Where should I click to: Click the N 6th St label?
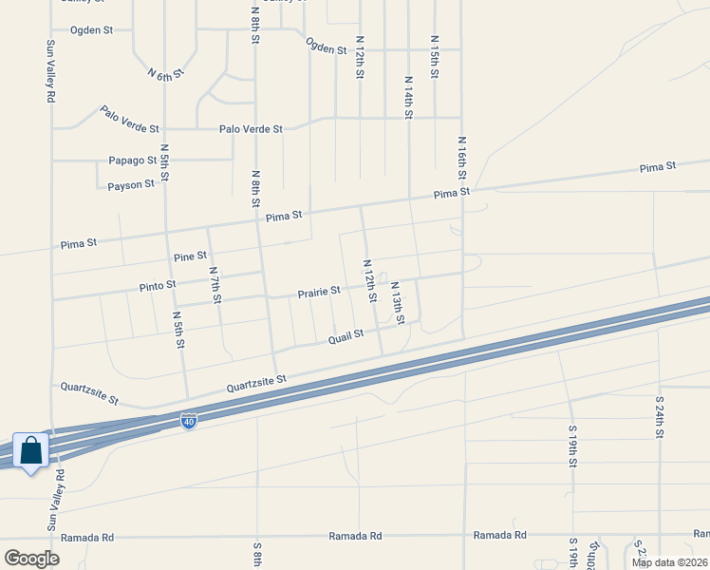[165, 72]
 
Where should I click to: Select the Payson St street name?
[131, 184]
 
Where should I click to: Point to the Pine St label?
[190, 256]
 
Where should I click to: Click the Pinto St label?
[158, 284]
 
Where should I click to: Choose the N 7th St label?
[215, 285]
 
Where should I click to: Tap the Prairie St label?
[319, 293]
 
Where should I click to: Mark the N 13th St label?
[397, 303]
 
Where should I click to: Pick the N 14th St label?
[408, 99]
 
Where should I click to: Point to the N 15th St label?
[434, 58]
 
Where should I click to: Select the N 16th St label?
[462, 157]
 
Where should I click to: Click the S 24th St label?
[660, 418]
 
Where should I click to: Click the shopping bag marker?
[30, 451]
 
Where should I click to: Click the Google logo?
[31, 558]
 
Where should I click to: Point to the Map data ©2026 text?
[669, 562]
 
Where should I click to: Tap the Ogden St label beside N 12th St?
[326, 46]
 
